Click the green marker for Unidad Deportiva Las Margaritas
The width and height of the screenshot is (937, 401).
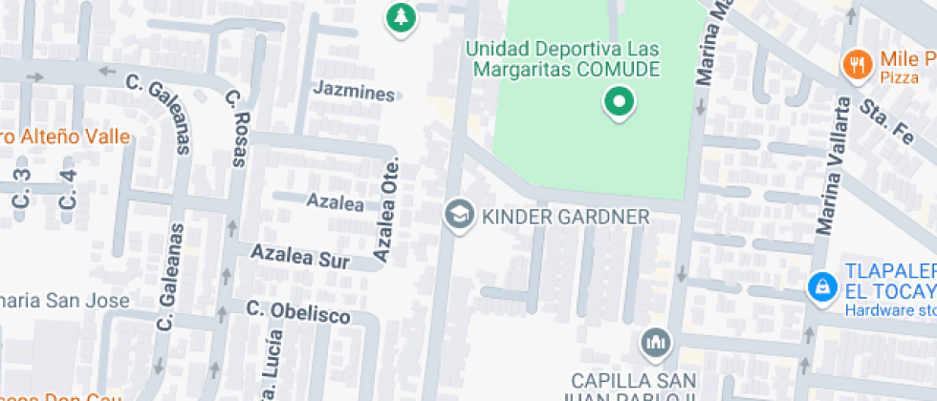(619, 102)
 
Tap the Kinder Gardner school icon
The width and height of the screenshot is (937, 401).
(460, 216)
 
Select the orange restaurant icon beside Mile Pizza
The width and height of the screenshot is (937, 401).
(856, 64)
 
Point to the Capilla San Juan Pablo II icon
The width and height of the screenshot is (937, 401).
(655, 342)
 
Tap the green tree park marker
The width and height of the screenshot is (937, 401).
(401, 17)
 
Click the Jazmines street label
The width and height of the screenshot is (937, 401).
(354, 94)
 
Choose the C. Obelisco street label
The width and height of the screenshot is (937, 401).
(297, 312)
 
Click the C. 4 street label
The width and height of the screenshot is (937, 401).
(68, 188)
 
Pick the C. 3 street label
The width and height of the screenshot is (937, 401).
(22, 188)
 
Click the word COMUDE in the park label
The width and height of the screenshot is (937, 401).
(618, 69)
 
